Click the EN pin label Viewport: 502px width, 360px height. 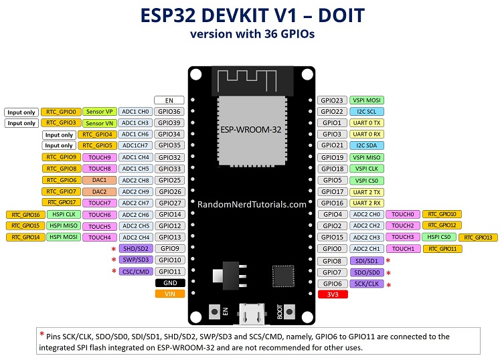(x=169, y=100)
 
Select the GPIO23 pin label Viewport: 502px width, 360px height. (x=332, y=100)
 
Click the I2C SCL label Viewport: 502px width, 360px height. (x=366, y=111)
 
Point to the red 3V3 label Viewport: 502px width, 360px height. (x=332, y=294)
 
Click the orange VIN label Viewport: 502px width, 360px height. (x=169, y=294)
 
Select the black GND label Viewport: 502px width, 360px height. (x=169, y=282)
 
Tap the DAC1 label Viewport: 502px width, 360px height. (x=99, y=180)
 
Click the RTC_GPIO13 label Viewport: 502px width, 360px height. (x=478, y=237)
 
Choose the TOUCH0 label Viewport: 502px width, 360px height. (x=402, y=214)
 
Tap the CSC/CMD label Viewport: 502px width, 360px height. (x=135, y=271)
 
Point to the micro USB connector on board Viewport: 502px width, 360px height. (x=252, y=312)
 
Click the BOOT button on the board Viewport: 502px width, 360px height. (x=290, y=311)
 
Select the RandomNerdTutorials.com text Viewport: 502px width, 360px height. (x=252, y=205)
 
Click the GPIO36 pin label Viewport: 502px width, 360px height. (x=169, y=112)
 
